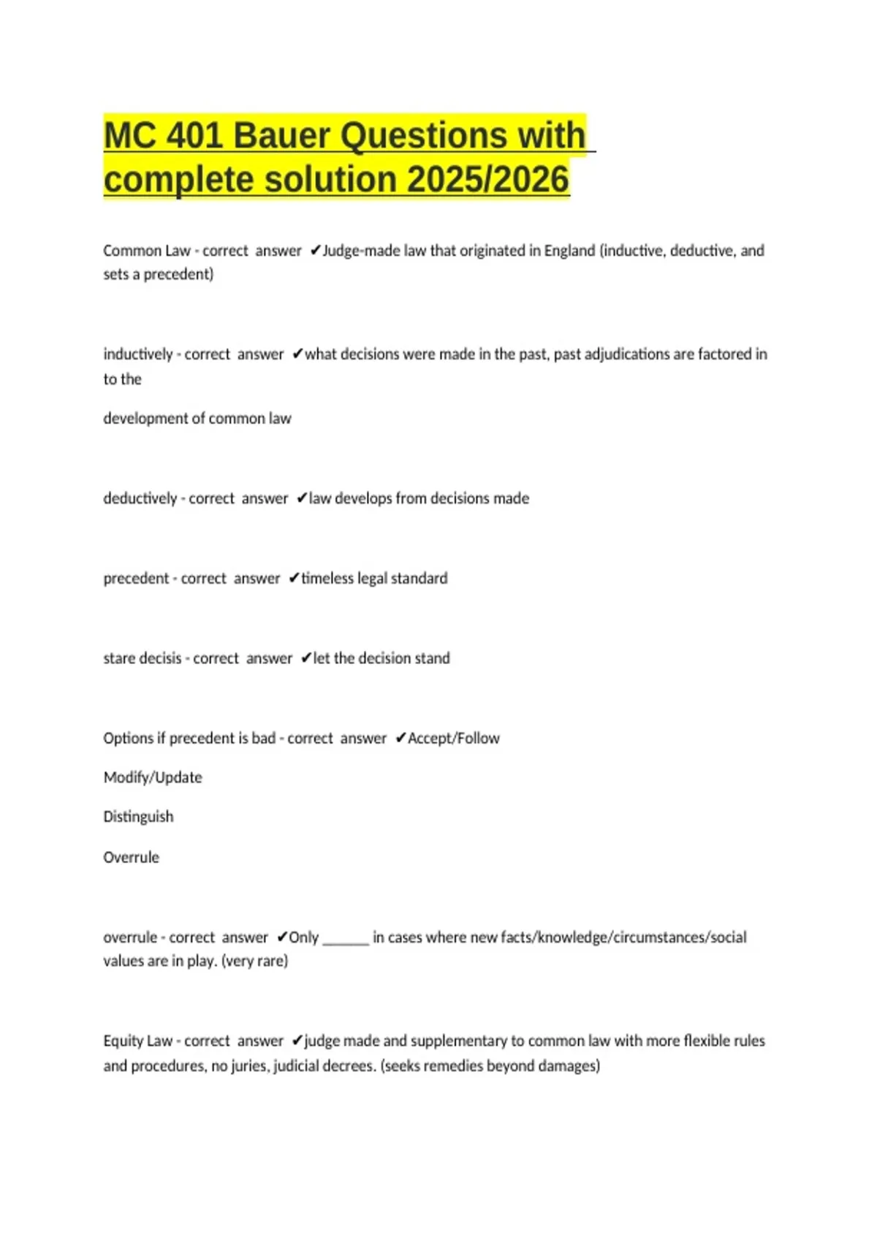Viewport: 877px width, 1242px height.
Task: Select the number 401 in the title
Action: pyautogui.click(x=195, y=136)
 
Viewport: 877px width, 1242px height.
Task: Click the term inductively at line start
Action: pyautogui.click(x=138, y=354)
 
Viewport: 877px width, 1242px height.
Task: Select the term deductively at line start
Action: pyautogui.click(x=140, y=498)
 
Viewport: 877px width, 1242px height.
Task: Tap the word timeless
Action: pyautogui.click(x=327, y=579)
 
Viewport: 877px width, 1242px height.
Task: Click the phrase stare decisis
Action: pyautogui.click(x=143, y=658)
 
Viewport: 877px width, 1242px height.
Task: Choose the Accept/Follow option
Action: pyautogui.click(x=453, y=739)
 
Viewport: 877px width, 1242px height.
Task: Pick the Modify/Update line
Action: pyautogui.click(x=153, y=777)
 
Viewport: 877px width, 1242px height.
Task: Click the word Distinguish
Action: pyautogui.click(x=138, y=817)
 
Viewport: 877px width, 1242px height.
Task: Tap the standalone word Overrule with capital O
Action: pyautogui.click(x=131, y=858)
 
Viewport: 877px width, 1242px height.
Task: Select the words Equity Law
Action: pyautogui.click(x=137, y=1041)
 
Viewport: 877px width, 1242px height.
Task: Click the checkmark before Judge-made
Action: pyautogui.click(x=314, y=251)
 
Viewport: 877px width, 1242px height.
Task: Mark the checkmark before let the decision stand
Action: pyautogui.click(x=305, y=659)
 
